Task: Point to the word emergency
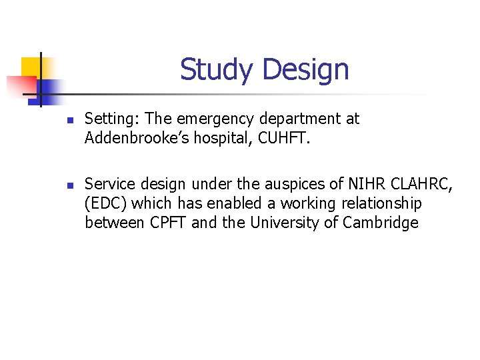coord(215,119)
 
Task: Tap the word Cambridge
coord(381,223)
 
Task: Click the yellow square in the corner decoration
coord(30,67)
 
